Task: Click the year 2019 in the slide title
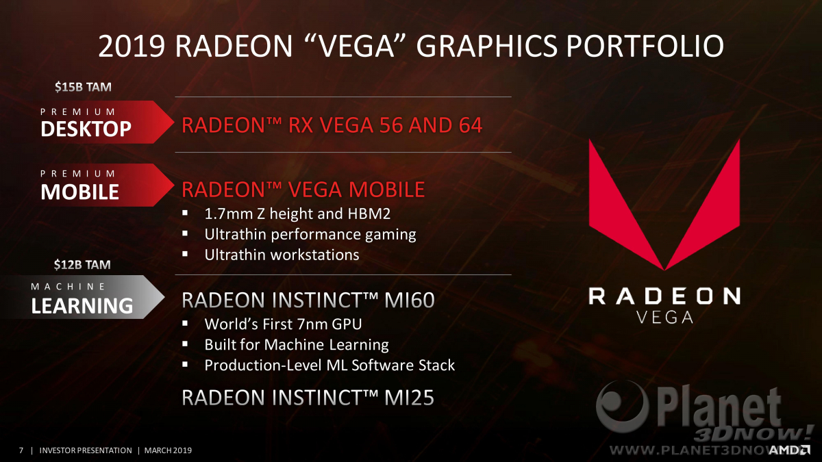[x=132, y=47]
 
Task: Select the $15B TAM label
[x=83, y=87]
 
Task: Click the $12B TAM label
[x=82, y=264]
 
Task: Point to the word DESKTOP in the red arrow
[x=86, y=129]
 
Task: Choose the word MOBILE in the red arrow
[x=79, y=192]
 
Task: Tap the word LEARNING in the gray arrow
[x=82, y=306]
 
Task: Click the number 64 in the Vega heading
[x=471, y=125]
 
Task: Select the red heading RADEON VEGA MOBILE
[x=303, y=189]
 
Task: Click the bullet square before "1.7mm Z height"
[x=185, y=213]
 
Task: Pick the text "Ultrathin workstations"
[x=282, y=255]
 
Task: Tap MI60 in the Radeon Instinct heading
[x=410, y=300]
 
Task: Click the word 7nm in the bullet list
[x=312, y=324]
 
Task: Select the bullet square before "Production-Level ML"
[x=185, y=364]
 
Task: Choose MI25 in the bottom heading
[x=409, y=398]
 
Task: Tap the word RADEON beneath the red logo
[x=664, y=296]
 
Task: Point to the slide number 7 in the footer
[x=21, y=450]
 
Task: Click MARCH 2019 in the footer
[x=168, y=450]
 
